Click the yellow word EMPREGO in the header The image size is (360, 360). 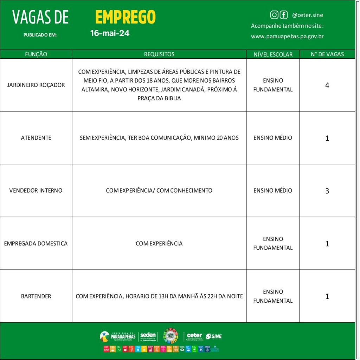point(125,17)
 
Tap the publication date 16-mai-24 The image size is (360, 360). point(110,33)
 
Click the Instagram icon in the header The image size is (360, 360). point(274,15)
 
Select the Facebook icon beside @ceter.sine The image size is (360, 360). point(283,15)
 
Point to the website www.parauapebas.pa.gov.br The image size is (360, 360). point(287,36)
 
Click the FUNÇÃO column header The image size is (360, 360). point(36,54)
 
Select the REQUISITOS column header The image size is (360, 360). point(159,54)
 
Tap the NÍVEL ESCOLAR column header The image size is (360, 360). point(273,54)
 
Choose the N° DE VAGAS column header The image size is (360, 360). point(327,54)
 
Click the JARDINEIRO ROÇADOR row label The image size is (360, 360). point(36,85)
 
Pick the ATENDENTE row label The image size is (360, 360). point(36,138)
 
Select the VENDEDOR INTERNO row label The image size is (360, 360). point(36,191)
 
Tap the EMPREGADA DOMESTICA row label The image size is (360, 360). point(36,243)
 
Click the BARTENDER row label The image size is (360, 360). point(36,296)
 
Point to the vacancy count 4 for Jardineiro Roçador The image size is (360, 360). point(327,85)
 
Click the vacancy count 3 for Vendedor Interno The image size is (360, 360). point(327,191)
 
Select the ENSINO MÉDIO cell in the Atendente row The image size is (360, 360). point(273,138)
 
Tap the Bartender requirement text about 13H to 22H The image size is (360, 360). point(159,296)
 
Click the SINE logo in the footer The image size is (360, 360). point(214,336)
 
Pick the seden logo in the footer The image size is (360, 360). point(148,336)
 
